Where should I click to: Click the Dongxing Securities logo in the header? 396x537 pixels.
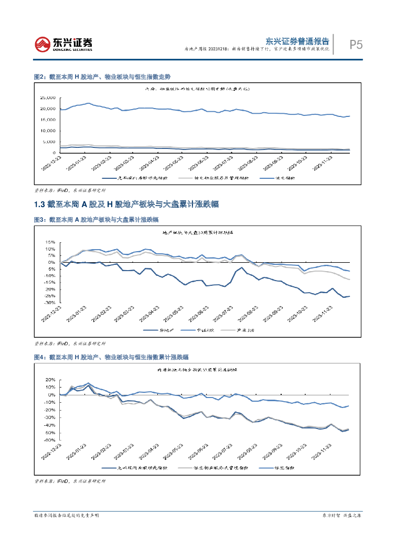63,45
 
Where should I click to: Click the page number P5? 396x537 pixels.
356,45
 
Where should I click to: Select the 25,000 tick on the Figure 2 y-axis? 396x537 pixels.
48,98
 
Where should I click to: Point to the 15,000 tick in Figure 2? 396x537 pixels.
48,120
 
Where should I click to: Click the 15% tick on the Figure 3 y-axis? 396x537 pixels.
50,242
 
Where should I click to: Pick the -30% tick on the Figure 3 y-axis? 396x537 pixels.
50,303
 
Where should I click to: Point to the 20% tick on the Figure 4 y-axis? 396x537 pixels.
50,380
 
